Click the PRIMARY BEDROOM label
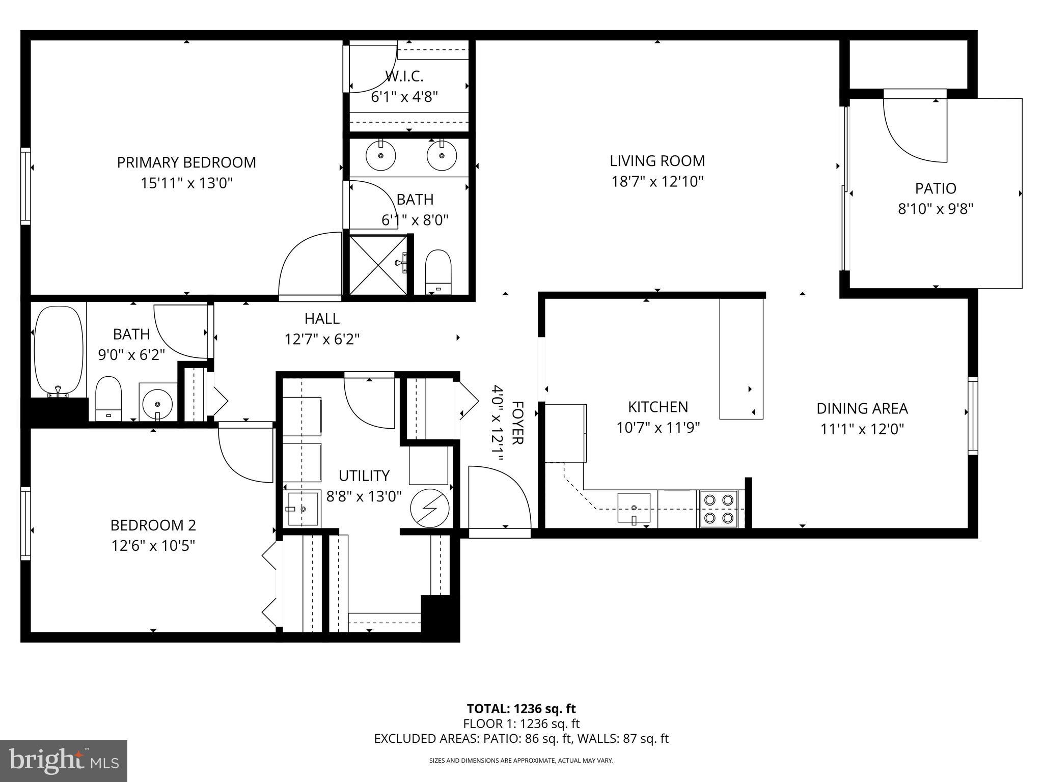click(x=186, y=162)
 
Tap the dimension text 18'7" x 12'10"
click(x=657, y=182)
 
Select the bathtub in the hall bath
click(x=59, y=351)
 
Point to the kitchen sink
click(x=634, y=507)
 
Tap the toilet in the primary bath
click(x=438, y=272)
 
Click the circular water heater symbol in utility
click(x=430, y=508)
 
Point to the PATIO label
click(x=936, y=188)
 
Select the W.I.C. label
click(x=404, y=76)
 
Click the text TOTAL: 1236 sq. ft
click(x=521, y=709)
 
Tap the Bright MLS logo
click(x=64, y=761)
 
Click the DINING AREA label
click(x=862, y=408)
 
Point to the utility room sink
click(x=303, y=509)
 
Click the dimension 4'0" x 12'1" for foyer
click(x=498, y=423)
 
